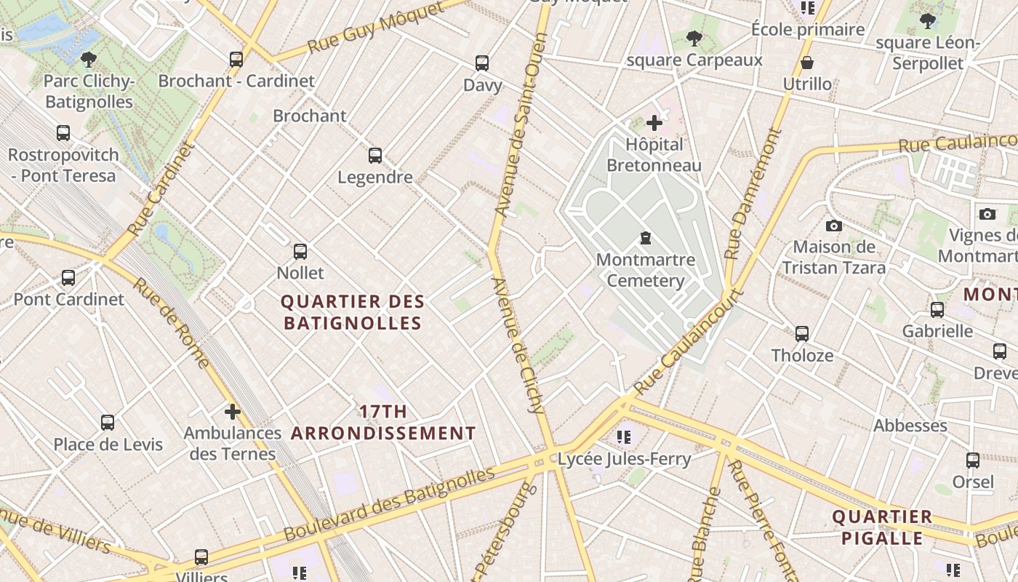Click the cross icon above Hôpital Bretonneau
point(654,123)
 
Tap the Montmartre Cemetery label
point(645,270)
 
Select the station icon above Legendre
point(375,156)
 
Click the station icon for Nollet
point(300,252)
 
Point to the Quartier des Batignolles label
point(353,312)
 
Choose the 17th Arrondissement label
point(383,423)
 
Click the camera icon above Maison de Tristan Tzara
point(834,226)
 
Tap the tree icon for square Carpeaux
point(694,38)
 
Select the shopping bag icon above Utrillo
point(807,63)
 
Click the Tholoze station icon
point(802,334)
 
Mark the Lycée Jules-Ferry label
point(624,458)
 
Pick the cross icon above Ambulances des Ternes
point(233,412)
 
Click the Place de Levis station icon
point(108,423)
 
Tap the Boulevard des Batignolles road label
point(389,504)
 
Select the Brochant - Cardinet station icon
point(236,60)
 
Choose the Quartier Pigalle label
point(881,527)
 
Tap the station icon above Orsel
point(973,461)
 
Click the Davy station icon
point(482,63)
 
